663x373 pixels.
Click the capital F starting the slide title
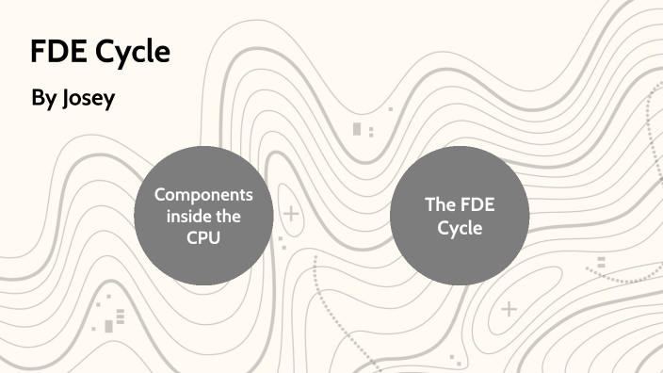(37, 53)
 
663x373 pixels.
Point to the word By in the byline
(43, 98)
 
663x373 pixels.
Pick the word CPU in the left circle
(203, 237)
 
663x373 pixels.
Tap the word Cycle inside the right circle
(459, 227)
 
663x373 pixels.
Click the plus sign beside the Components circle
(291, 215)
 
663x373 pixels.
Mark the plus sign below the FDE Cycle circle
(509, 308)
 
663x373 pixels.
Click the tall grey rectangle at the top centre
(357, 128)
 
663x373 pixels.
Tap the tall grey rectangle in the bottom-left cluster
(109, 326)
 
